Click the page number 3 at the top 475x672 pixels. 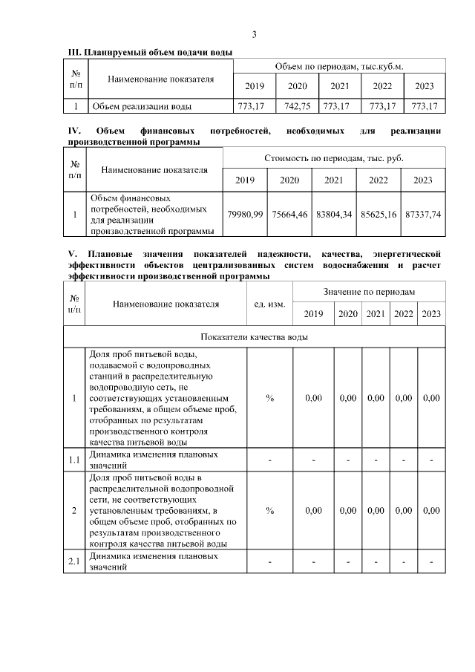pyautogui.click(x=255, y=34)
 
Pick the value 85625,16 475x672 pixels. pyautogui.click(x=379, y=215)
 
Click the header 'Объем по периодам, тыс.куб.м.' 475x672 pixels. pyautogui.click(x=339, y=67)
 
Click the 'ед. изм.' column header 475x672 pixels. pyautogui.click(x=269, y=303)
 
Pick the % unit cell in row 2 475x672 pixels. pyautogui.click(x=269, y=511)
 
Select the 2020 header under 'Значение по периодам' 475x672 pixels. pyautogui.click(x=347, y=314)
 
